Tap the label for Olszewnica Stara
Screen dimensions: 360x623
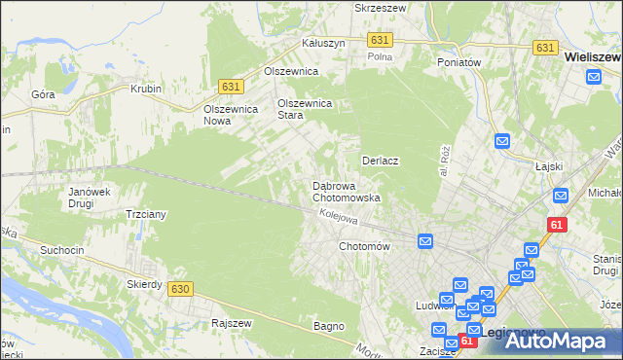coord(305,108)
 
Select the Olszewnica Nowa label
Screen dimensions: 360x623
coord(230,115)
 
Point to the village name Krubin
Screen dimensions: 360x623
coord(145,89)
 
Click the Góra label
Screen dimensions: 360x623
coord(42,94)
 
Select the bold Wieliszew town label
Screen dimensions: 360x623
coord(593,58)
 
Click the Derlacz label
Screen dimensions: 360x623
coord(383,161)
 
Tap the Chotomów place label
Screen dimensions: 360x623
coord(364,246)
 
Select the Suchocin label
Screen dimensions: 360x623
coord(60,250)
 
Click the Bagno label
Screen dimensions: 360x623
coord(329,326)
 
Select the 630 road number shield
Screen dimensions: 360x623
coord(179,289)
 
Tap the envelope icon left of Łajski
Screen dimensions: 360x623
coord(502,141)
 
